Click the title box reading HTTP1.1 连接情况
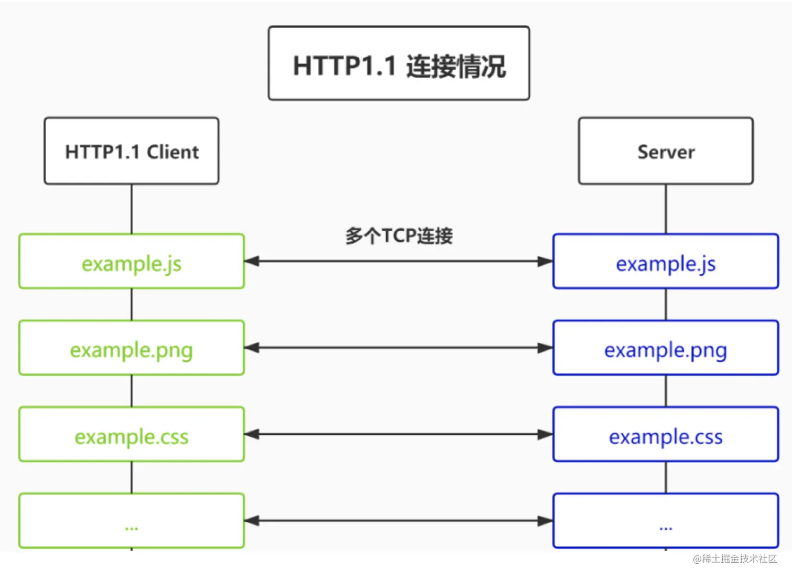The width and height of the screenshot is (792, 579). point(399,63)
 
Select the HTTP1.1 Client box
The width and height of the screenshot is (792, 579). point(132,151)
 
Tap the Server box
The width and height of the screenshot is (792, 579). point(666,151)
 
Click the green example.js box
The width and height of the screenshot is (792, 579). point(132,261)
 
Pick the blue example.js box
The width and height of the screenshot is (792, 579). point(666,261)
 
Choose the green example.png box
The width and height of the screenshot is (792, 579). point(132,348)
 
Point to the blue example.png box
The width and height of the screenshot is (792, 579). point(666,348)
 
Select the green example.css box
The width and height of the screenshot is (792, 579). point(132,434)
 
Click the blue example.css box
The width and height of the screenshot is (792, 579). point(666,434)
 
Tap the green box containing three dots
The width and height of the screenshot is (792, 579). point(132,521)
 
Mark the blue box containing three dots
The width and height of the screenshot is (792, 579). point(666,521)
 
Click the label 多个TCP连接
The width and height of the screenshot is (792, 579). point(399,236)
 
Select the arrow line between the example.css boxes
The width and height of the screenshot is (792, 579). point(399,434)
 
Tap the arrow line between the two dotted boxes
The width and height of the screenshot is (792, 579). point(399,521)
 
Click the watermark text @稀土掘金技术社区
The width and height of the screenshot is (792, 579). point(735,559)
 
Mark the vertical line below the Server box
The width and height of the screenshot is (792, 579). point(666,209)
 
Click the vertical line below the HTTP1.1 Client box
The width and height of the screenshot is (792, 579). point(132,209)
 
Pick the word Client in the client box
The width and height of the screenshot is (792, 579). point(173,152)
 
